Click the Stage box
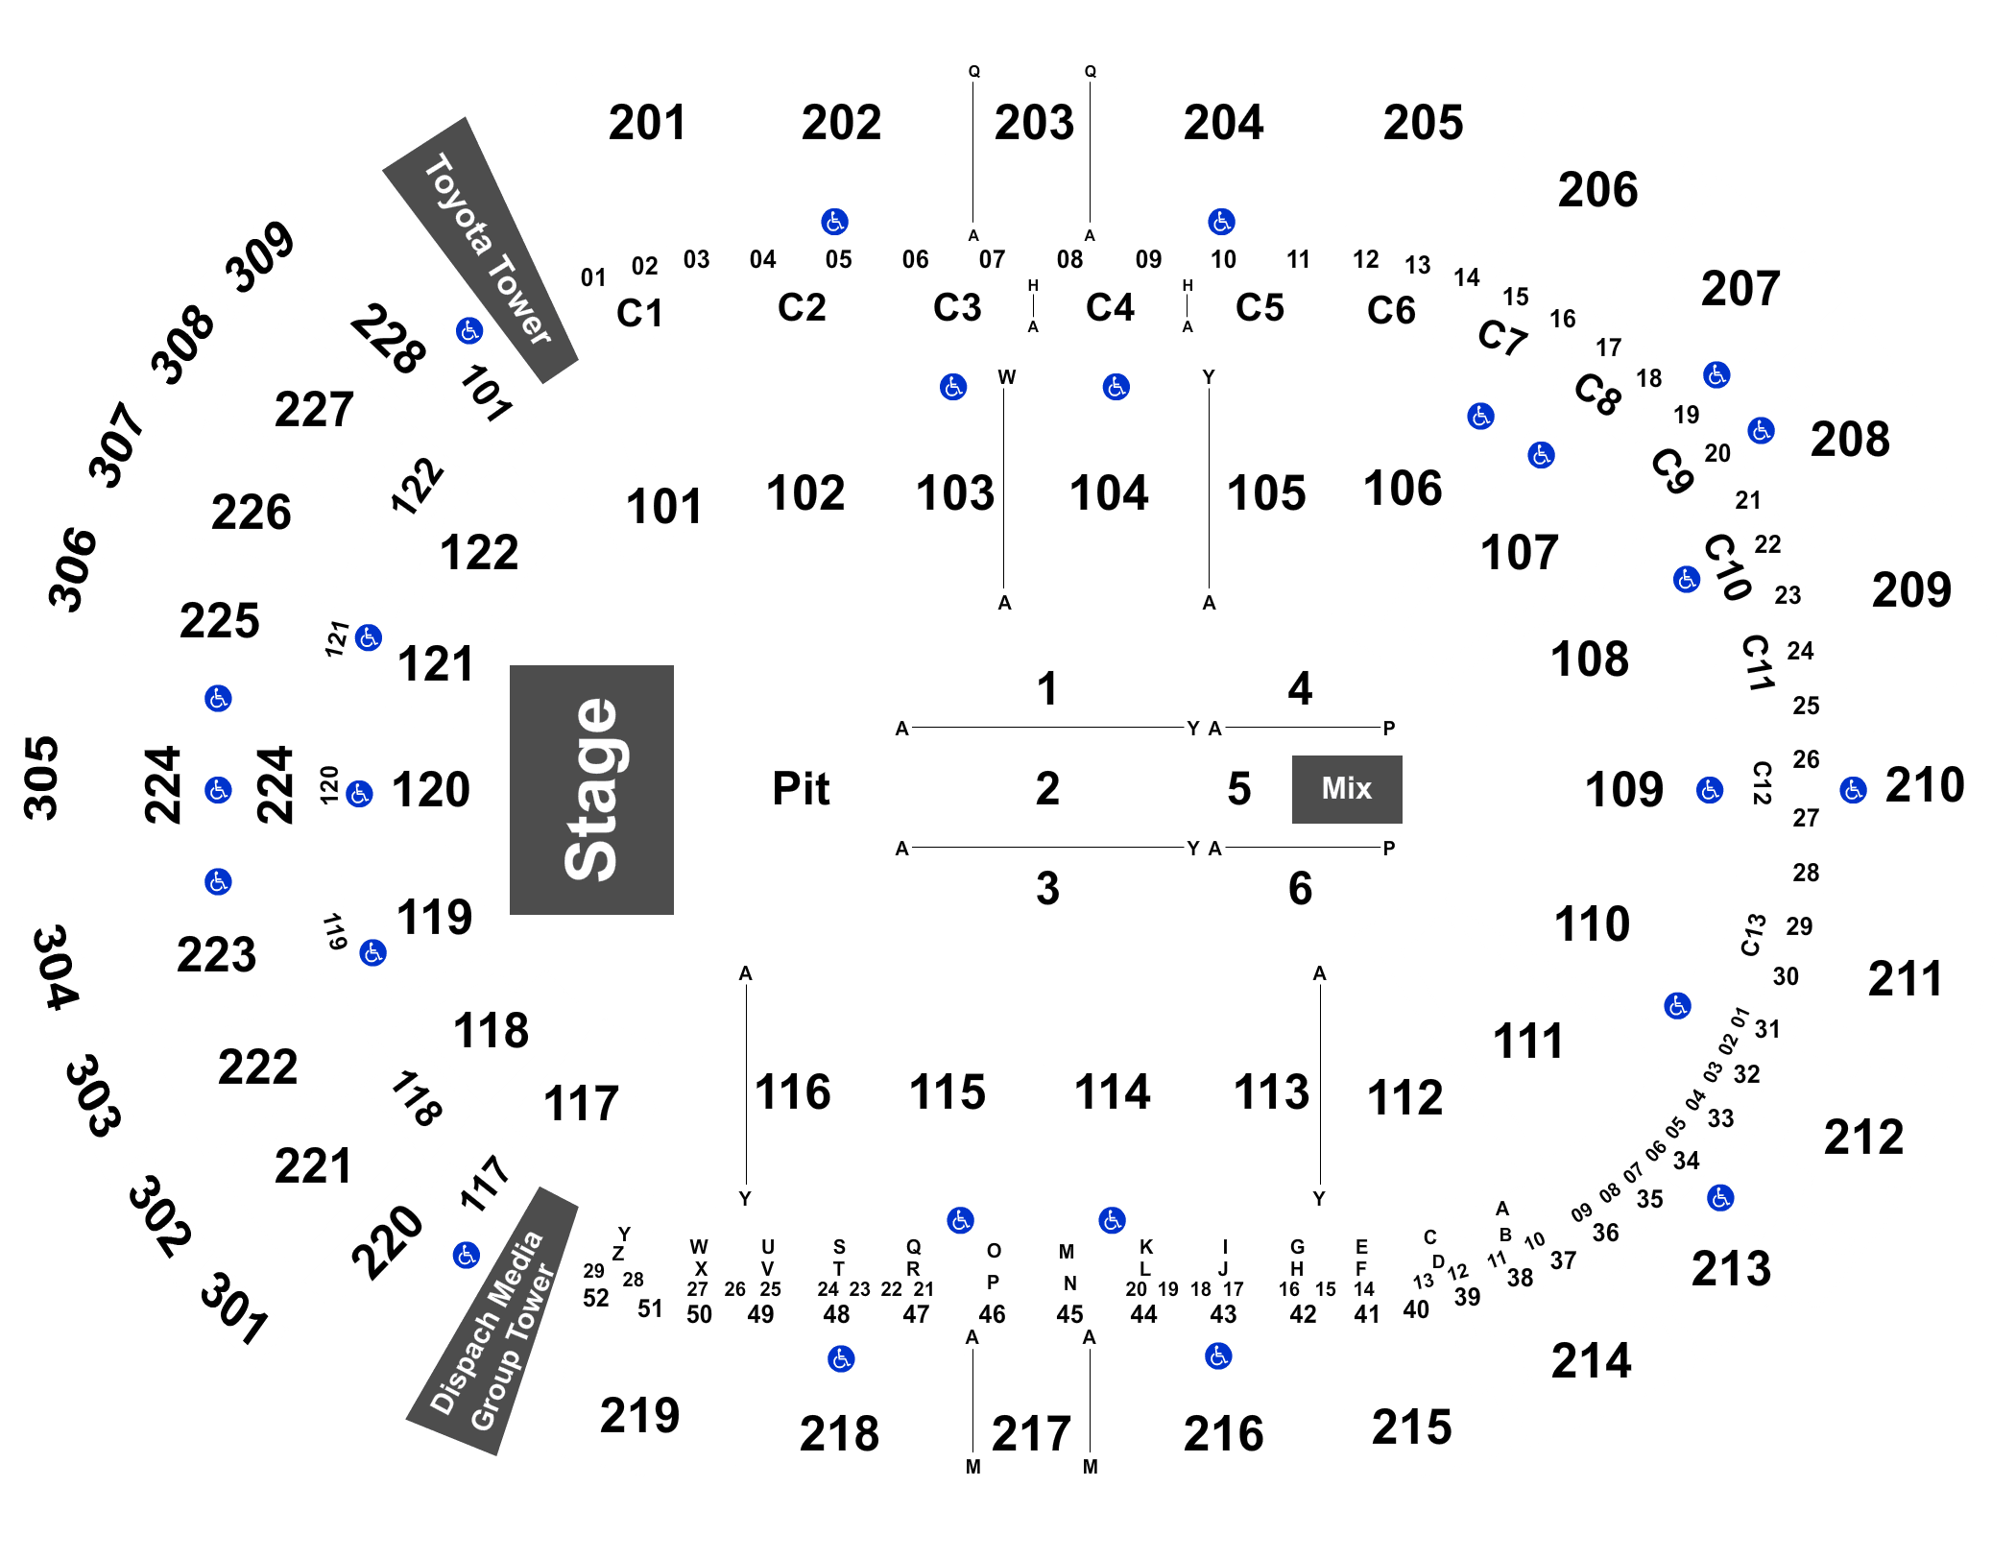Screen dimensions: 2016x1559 click(591, 789)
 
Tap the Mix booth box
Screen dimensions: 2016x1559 click(1347, 789)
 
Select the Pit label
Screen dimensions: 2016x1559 click(801, 789)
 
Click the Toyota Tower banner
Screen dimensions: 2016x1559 click(480, 251)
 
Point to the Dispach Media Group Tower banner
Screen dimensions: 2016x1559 click(492, 1322)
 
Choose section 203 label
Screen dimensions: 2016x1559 click(1034, 123)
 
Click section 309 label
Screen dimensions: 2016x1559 click(259, 256)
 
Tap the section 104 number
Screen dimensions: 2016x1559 click(1109, 493)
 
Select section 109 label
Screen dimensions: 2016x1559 click(1623, 790)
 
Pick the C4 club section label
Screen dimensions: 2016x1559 click(1110, 308)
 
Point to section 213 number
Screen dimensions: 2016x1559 click(1731, 1269)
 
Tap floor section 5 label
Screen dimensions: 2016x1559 click(1239, 789)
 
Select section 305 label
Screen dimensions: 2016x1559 click(41, 779)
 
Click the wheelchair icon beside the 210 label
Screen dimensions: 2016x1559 click(1853, 790)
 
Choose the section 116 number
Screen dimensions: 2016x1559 click(792, 1092)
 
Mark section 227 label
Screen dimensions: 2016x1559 click(314, 410)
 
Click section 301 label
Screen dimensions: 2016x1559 click(233, 1309)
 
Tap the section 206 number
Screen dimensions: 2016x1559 click(1597, 190)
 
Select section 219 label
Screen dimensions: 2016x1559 click(639, 1416)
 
